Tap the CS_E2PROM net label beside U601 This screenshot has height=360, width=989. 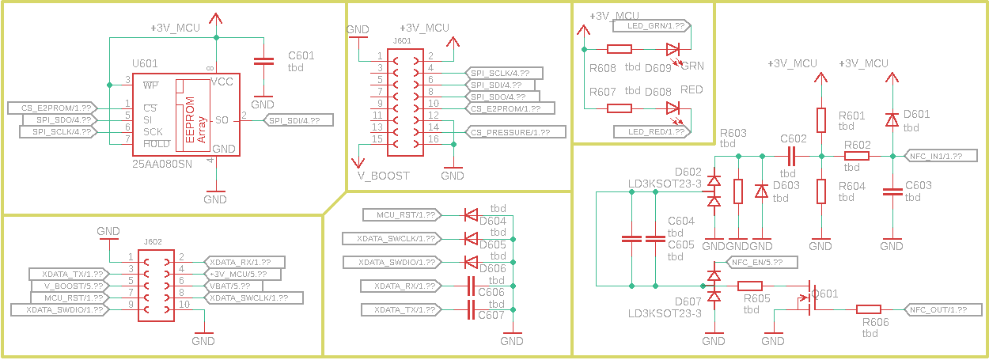(52, 107)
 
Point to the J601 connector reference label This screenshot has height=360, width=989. (402, 40)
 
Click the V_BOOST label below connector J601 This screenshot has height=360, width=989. (384, 176)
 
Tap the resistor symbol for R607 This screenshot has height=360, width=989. (619, 108)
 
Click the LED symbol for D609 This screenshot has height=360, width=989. (673, 49)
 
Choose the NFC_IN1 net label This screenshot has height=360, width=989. (937, 156)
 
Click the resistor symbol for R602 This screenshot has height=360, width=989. (857, 156)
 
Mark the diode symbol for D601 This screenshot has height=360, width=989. (892, 119)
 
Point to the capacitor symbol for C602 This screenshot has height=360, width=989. (793, 156)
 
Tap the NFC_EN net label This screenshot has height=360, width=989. (756, 261)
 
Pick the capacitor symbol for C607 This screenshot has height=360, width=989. (472, 309)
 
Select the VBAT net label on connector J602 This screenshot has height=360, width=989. (233, 286)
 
